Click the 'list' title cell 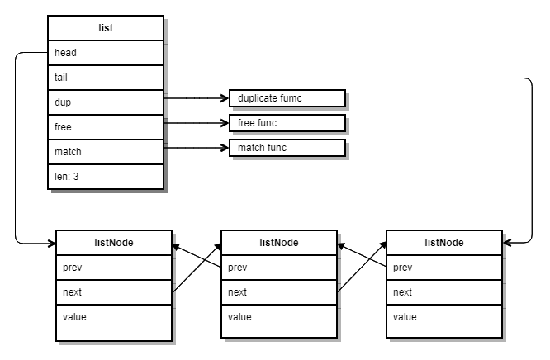pyautogui.click(x=106, y=28)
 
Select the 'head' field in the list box pyautogui.click(x=106, y=53)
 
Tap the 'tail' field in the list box pyautogui.click(x=106, y=78)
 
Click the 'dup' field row pyautogui.click(x=106, y=102)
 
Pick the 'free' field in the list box pyautogui.click(x=106, y=127)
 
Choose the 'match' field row pyautogui.click(x=106, y=152)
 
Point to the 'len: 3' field pyautogui.click(x=106, y=177)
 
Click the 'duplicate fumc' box pyautogui.click(x=287, y=98)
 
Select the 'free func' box pyautogui.click(x=287, y=123)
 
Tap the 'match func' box pyautogui.click(x=287, y=148)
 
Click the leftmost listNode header pyautogui.click(x=114, y=243)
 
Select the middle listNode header pyautogui.click(x=279, y=243)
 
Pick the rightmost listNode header pyautogui.click(x=444, y=243)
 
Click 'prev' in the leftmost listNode pyautogui.click(x=114, y=268)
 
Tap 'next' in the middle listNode pyautogui.click(x=279, y=292)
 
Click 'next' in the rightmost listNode pyautogui.click(x=444, y=292)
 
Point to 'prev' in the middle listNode pyautogui.click(x=279, y=268)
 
